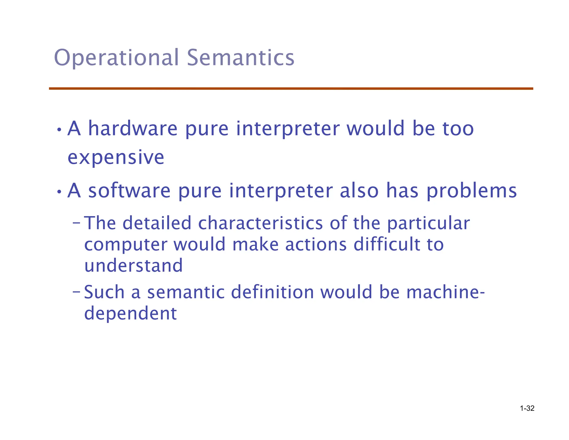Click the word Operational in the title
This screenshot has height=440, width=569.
[116, 58]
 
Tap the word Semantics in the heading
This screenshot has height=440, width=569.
[241, 58]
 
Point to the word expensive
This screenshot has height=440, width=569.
[116, 157]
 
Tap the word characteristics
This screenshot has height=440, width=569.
[260, 223]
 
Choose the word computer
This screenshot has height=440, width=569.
[126, 245]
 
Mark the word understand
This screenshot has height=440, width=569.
[133, 265]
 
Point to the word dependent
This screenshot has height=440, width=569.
[130, 314]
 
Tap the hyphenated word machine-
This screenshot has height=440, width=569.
[445, 292]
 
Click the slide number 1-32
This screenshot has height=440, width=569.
[527, 408]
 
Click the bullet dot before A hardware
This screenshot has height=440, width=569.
[59, 130]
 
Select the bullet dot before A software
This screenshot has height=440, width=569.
[59, 192]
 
